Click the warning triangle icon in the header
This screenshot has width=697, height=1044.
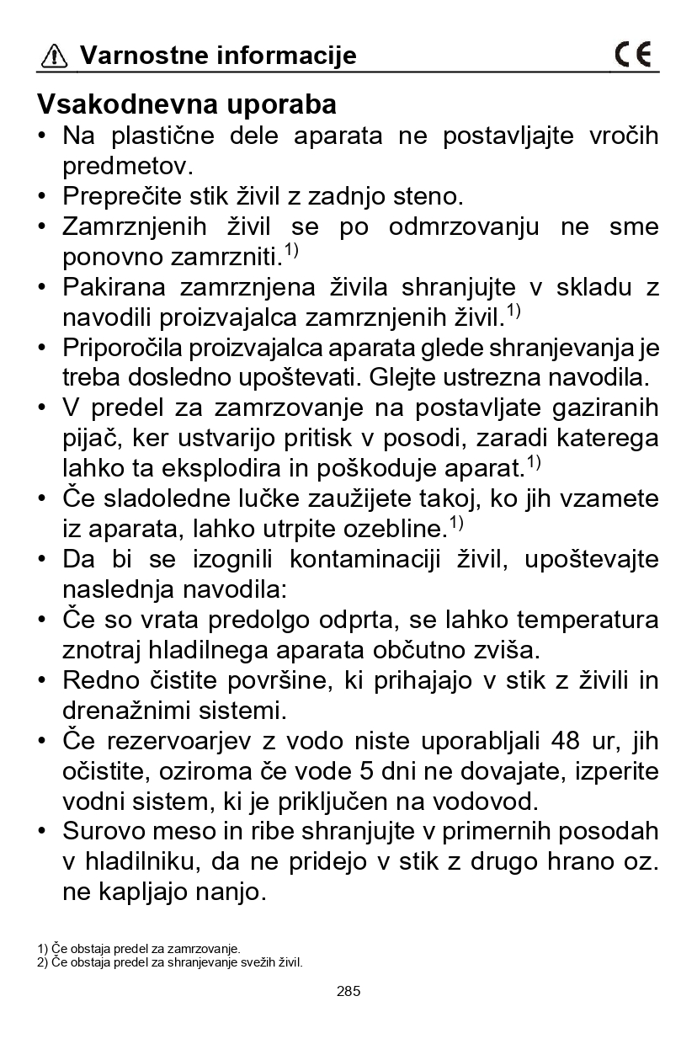pyautogui.click(x=54, y=56)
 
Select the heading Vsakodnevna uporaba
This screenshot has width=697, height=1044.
pyautogui.click(x=187, y=104)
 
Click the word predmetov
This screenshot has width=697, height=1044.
pyautogui.click(x=125, y=166)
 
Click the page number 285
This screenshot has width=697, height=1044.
pyautogui.click(x=348, y=991)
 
